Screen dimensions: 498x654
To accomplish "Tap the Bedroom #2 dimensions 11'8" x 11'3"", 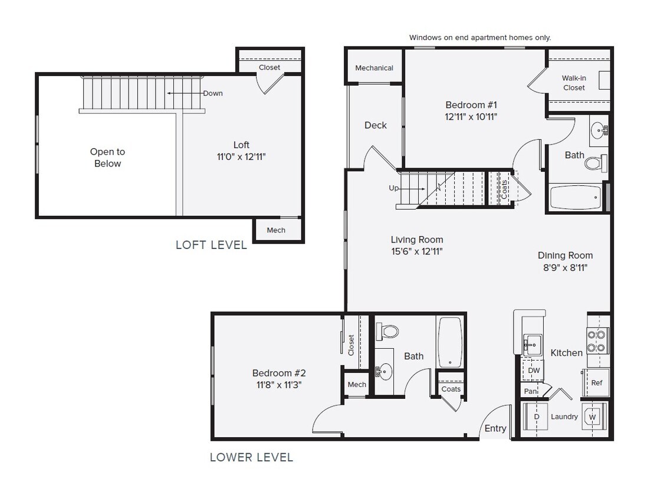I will (278, 385).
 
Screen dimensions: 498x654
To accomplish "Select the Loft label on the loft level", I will (241, 145).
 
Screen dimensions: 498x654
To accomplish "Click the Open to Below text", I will (107, 158).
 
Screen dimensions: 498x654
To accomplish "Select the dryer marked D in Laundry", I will (536, 417).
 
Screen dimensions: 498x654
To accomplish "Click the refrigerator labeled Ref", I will (596, 382).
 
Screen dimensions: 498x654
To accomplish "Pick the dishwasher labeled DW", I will (533, 371).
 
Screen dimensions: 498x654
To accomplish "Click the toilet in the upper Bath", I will (596, 162).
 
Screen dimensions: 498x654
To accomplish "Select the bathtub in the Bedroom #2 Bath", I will (449, 342).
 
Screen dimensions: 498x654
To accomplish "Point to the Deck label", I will (375, 125).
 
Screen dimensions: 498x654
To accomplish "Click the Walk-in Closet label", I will (573, 83).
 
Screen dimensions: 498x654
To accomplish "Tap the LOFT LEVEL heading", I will (211, 245).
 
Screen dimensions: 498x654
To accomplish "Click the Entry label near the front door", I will (495, 428).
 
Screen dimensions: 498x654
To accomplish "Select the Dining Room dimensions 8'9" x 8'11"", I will (564, 267).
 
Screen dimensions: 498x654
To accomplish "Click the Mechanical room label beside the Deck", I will (374, 68).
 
